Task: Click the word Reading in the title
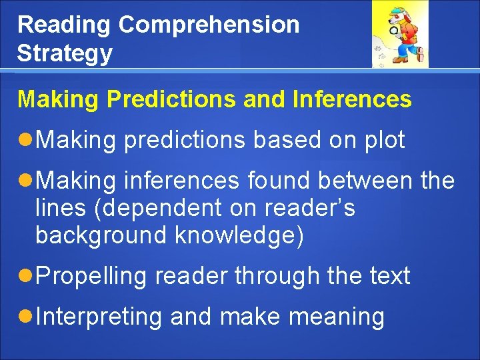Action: (64, 25)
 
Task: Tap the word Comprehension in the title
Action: (209, 25)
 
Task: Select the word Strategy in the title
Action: (65, 54)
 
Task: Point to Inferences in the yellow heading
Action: (351, 99)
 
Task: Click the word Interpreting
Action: (99, 317)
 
